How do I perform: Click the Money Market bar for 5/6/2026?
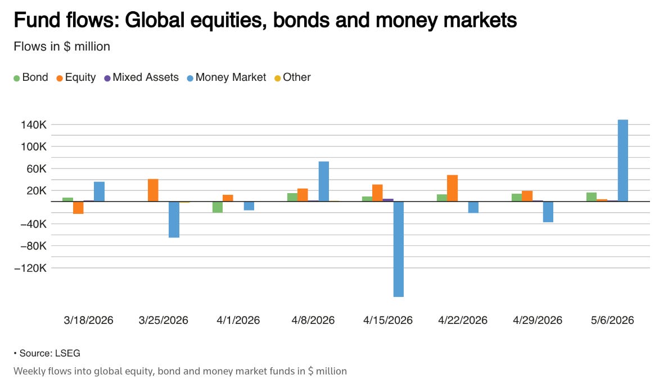tap(622, 161)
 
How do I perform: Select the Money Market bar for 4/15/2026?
tap(399, 249)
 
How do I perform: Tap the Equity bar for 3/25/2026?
tap(153, 190)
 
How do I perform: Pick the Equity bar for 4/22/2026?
tap(452, 188)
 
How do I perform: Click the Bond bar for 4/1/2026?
tap(217, 207)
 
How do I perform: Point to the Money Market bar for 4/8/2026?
tap(324, 181)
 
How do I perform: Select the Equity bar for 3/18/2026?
tap(78, 208)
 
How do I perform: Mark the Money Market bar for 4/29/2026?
tap(548, 212)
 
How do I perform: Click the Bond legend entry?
tap(31, 77)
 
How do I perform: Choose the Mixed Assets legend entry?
tap(141, 77)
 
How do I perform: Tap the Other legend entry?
tap(292, 77)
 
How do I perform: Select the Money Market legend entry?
tap(227, 77)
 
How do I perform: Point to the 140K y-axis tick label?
tap(34, 125)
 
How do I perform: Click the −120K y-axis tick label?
tap(30, 268)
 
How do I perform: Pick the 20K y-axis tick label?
tap(37, 190)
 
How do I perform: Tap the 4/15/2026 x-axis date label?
tap(388, 320)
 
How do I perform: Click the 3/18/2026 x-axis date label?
tap(89, 320)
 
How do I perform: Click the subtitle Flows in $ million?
tap(62, 47)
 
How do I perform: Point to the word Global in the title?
tap(155, 20)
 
